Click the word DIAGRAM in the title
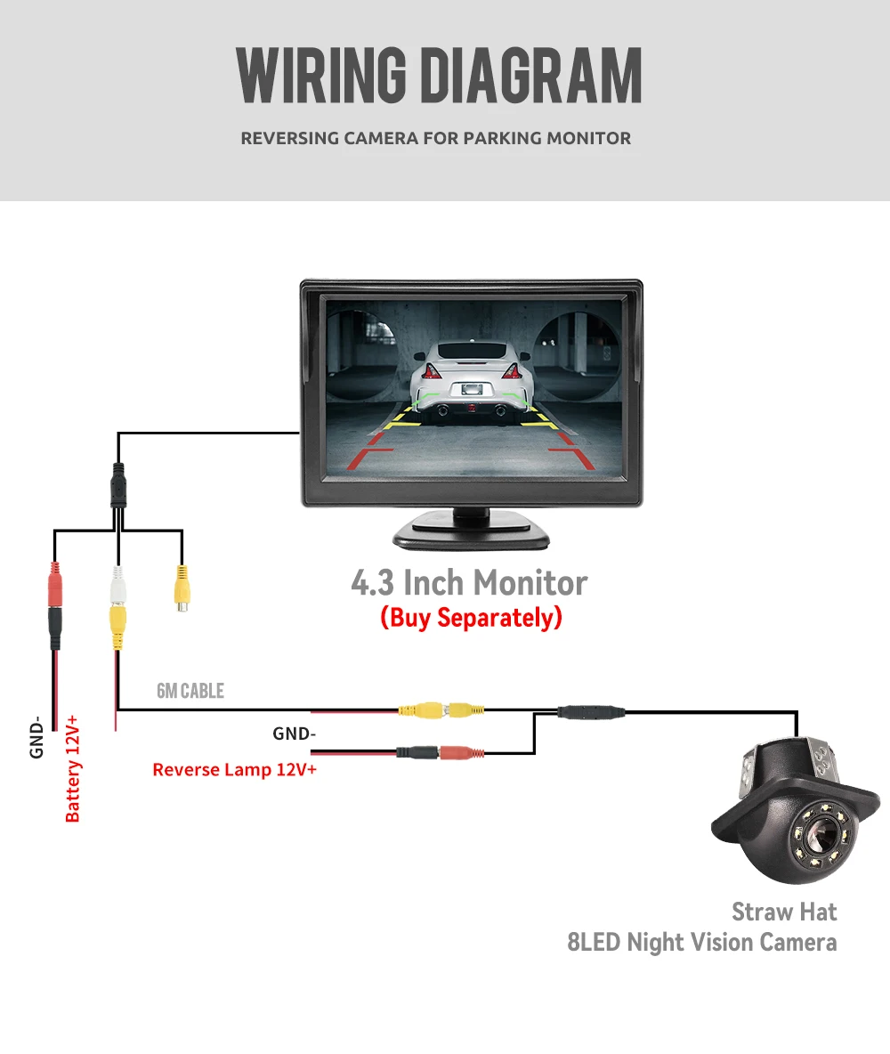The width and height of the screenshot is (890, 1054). point(530,77)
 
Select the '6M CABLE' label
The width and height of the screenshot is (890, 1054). point(190,691)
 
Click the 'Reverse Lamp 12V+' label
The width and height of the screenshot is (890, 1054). point(234,769)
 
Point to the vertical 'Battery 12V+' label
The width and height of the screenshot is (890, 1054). point(74,766)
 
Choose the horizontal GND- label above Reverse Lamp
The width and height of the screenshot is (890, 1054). point(294,734)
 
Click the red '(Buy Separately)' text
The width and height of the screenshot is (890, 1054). point(471,618)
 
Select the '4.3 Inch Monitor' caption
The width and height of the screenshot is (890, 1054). point(469,583)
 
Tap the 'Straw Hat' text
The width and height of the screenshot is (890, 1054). point(784,912)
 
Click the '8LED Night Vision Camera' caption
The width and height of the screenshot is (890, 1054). point(702,942)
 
